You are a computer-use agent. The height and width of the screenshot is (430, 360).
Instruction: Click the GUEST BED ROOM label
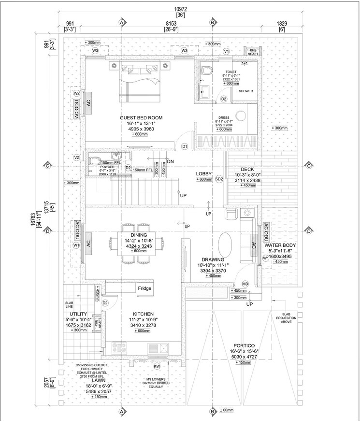pyautogui.click(x=141, y=117)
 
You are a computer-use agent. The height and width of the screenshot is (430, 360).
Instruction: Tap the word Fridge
pyautogui.click(x=144, y=288)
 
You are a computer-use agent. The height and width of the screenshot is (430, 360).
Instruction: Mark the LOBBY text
pyautogui.click(x=204, y=173)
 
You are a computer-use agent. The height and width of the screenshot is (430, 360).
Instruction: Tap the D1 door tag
pyautogui.click(x=184, y=146)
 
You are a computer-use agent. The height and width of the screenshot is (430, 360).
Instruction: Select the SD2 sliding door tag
pyautogui.click(x=219, y=179)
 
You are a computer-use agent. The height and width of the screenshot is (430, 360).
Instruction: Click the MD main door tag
pyautogui.click(x=245, y=283)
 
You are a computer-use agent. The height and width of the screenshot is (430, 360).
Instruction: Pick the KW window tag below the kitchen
pyautogui.click(x=157, y=367)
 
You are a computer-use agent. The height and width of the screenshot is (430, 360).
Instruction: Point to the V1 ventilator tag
pyautogui.click(x=226, y=51)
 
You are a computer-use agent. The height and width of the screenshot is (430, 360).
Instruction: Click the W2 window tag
pyautogui.click(x=76, y=93)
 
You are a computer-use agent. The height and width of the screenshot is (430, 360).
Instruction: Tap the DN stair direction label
pyautogui.click(x=170, y=161)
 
